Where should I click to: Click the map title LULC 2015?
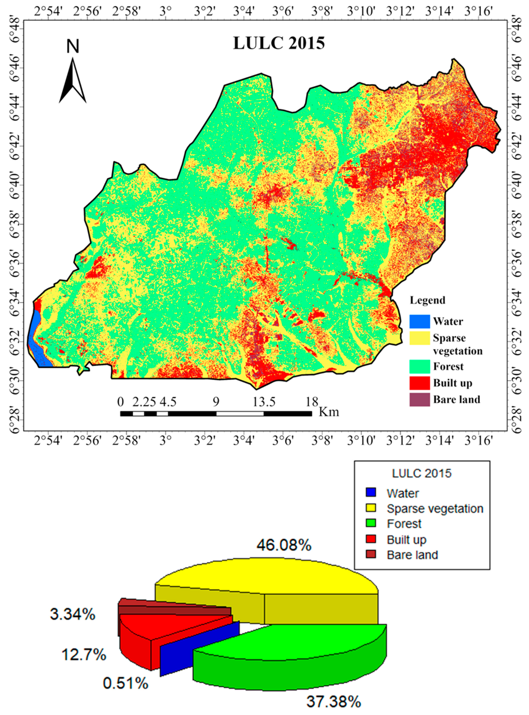click(279, 43)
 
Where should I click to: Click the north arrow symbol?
click(73, 81)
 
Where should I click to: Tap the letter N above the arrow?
click(73, 47)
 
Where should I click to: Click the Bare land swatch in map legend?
click(419, 400)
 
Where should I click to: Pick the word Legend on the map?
click(427, 300)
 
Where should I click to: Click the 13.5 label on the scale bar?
click(264, 402)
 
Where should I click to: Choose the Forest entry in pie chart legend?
click(404, 524)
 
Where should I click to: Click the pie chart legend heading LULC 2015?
click(422, 474)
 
